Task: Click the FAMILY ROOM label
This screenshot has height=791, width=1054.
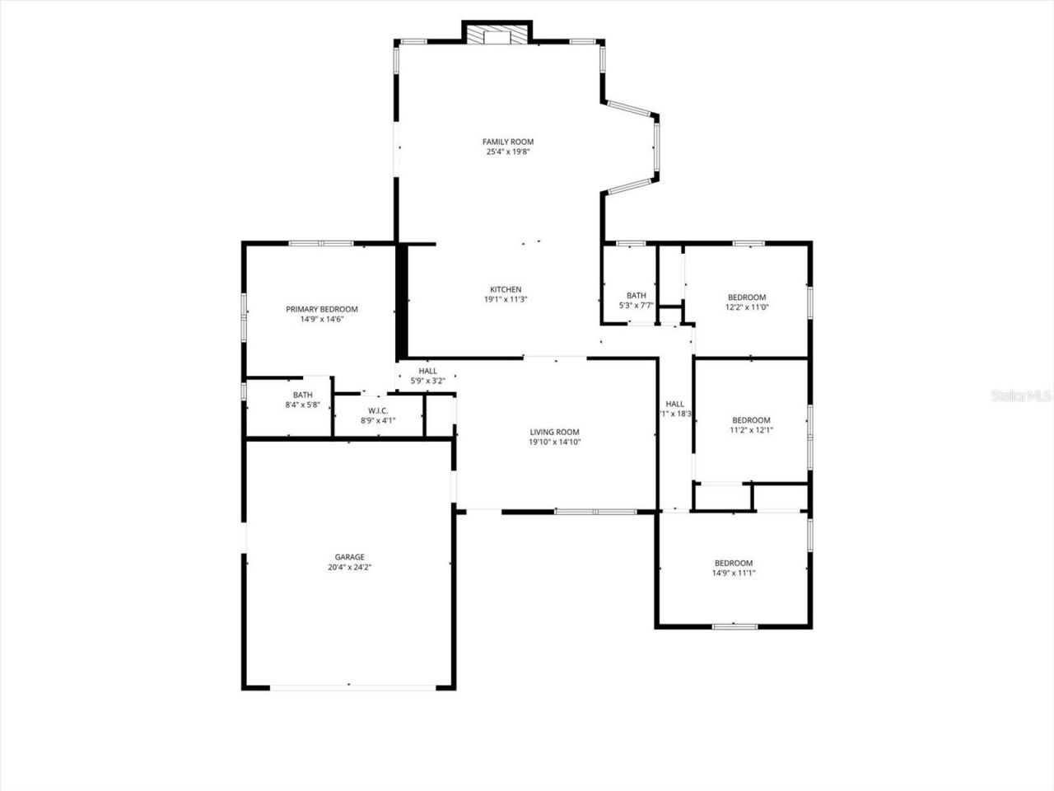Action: point(507,142)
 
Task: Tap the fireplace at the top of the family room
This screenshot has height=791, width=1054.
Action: point(497,34)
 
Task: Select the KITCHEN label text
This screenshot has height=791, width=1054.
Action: point(506,289)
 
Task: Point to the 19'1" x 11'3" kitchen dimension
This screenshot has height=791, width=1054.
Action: point(506,300)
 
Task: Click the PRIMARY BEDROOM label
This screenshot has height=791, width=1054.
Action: point(321,309)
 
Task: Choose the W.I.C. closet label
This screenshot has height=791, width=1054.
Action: point(378,410)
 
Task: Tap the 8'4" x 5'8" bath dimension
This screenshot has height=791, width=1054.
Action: point(302,405)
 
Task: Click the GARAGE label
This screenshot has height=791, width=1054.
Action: point(349,557)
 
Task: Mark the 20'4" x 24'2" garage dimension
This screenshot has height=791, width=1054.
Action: point(349,567)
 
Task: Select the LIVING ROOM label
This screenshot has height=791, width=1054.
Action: point(554,432)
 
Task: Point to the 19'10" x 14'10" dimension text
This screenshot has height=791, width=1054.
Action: point(554,442)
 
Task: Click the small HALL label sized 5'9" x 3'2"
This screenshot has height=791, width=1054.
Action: point(427,371)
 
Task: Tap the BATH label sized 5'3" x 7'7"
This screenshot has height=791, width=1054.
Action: point(636,295)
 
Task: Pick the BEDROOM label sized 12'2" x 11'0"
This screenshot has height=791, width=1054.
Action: point(746,297)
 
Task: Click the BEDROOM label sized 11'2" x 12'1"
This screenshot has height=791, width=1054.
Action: point(751,419)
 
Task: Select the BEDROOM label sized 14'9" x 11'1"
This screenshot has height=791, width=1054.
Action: point(733,563)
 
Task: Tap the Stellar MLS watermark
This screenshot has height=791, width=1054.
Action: point(1020,395)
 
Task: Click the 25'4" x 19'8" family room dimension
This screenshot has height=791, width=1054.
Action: point(507,152)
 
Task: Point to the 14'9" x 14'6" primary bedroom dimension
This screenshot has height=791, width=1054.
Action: point(321,319)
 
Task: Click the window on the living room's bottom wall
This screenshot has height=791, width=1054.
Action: point(595,512)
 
